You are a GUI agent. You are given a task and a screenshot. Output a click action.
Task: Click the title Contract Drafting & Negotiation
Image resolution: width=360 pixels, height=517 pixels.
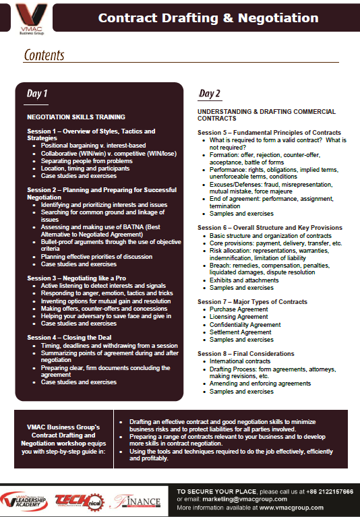click(208, 18)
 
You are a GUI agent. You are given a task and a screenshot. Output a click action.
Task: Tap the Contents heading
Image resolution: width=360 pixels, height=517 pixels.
click(44, 55)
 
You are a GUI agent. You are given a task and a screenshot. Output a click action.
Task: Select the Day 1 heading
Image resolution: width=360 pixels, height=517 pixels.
click(37, 92)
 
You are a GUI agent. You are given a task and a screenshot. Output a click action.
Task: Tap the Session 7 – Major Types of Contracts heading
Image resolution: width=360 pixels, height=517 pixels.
click(253, 301)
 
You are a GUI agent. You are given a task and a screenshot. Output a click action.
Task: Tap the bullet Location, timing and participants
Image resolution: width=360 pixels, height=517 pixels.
click(85, 169)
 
